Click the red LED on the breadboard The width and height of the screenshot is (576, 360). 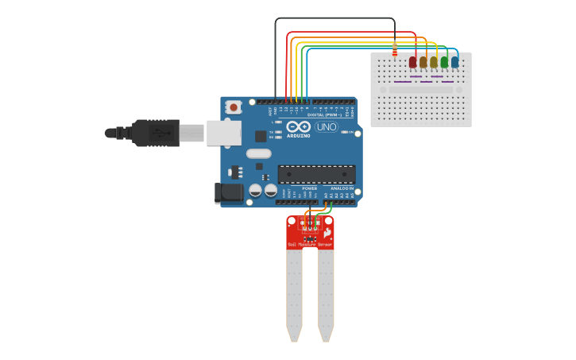pos(412,62)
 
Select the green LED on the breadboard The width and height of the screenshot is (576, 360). pos(444,62)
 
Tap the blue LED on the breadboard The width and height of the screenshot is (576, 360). pos(454,62)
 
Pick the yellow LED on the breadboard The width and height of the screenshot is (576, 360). pos(434,62)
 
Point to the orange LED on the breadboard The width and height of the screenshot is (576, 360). pos(423,62)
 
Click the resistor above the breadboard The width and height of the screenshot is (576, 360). pos(395,49)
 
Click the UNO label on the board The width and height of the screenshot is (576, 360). pos(327,127)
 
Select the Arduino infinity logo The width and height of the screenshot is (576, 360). pos(299,127)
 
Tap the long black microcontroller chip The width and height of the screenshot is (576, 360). pos(316,174)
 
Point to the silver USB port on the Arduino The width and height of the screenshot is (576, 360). pos(223,133)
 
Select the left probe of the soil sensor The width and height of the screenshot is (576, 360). pos(294,294)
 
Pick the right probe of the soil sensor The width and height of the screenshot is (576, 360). pos(326,294)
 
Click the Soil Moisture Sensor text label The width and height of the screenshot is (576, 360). pos(310,245)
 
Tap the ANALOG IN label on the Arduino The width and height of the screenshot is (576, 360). pos(342,188)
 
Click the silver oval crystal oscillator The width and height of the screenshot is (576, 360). pos(258,153)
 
